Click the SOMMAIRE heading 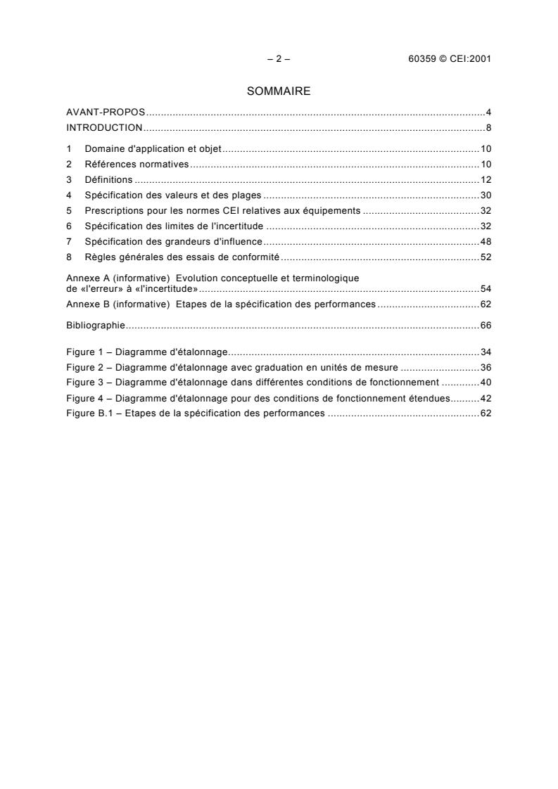click(x=279, y=91)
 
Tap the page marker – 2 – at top click(x=279, y=59)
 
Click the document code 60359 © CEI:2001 click(x=445, y=59)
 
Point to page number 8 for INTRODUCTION click(x=488, y=128)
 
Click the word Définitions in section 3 click(x=108, y=180)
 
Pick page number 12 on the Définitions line click(x=486, y=180)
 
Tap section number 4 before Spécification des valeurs click(x=69, y=195)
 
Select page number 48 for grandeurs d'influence click(x=486, y=241)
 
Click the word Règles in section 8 click(x=98, y=257)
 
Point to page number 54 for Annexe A click(x=486, y=289)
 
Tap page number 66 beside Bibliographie click(x=486, y=325)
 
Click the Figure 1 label click(x=85, y=352)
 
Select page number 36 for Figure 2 click(x=486, y=367)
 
